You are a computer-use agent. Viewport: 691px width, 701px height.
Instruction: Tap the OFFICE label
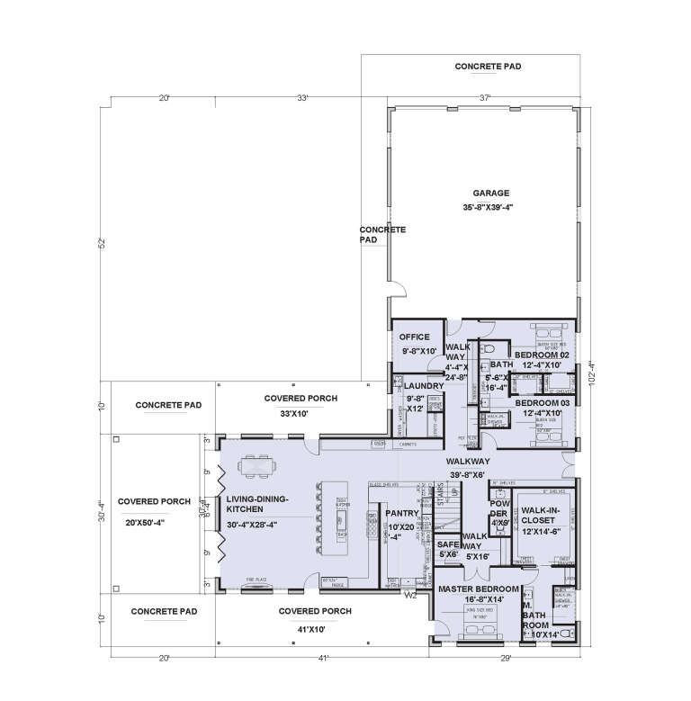point(417,337)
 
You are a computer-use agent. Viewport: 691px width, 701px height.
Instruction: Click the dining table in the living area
point(257,466)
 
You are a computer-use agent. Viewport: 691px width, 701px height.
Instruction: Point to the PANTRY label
point(400,513)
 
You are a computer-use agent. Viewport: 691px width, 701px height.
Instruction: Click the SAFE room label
point(447,544)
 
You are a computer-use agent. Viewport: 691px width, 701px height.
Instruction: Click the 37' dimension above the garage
point(487,97)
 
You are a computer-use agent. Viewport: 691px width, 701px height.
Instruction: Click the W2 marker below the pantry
point(409,595)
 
